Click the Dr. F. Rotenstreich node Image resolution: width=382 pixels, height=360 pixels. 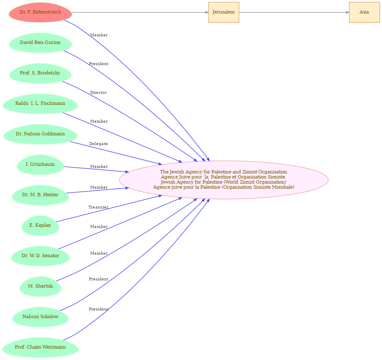40,12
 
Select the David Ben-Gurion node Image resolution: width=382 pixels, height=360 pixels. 40,43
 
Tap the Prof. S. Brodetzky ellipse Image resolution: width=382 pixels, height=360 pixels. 40,73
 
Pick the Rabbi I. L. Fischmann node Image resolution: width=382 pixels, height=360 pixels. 40,104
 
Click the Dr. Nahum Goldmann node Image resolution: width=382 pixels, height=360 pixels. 40,134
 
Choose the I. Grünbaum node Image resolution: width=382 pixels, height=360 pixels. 40,165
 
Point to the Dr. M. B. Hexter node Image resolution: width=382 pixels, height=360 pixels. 40,195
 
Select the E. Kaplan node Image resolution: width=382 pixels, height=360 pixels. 40,225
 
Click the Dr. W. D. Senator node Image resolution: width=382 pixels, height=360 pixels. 40,256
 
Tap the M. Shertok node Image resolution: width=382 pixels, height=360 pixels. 40,286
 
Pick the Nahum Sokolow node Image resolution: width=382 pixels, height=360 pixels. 40,317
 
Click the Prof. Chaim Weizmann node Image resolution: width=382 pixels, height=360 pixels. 40,347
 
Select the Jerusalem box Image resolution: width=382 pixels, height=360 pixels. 224,12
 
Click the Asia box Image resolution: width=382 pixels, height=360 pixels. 364,12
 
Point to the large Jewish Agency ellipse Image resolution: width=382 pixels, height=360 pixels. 224,180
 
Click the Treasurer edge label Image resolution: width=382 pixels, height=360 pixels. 98,207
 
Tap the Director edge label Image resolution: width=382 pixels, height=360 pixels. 98,93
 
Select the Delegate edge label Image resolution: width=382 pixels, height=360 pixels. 98,143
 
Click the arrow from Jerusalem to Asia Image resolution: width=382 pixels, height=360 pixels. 294,12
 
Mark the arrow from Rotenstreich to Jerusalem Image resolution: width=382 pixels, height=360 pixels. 140,12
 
